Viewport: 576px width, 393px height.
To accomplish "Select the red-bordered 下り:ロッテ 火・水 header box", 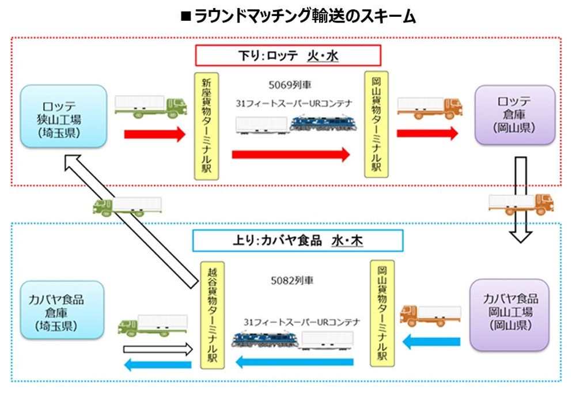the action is (288, 55).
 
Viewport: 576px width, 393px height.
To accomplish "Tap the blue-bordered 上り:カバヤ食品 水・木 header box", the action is (298, 241).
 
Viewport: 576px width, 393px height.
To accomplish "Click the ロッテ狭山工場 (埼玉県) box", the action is (63, 116).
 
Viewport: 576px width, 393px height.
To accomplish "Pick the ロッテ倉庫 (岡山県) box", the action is (514, 115).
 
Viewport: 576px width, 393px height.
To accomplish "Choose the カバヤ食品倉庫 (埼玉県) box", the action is (62, 310).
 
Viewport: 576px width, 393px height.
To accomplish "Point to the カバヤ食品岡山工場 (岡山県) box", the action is (510, 315).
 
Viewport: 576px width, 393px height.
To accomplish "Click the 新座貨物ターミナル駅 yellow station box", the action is (206, 126).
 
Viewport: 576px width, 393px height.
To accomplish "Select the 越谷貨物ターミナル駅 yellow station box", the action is (213, 315).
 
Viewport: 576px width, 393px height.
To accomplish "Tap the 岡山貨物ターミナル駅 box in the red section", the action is (376, 124).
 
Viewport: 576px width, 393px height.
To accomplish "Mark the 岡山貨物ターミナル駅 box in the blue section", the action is (382, 313).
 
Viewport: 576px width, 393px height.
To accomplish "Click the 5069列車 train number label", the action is (290, 85).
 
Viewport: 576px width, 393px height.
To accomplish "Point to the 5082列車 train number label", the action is (292, 281).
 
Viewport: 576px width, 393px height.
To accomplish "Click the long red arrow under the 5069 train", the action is (291, 154).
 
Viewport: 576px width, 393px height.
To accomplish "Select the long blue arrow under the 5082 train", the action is (294, 362).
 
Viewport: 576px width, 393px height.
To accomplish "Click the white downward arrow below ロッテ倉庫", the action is (521, 199).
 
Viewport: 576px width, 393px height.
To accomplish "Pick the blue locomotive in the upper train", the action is (323, 123).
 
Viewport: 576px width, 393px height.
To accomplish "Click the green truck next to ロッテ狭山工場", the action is (150, 107).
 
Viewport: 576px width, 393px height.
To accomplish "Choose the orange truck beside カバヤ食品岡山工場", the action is (430, 315).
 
